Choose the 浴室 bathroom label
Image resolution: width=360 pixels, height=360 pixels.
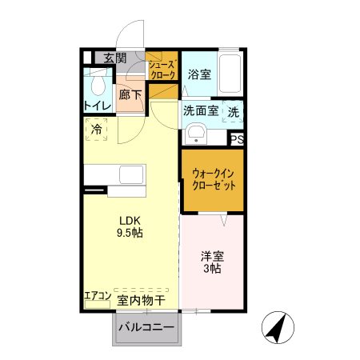(199, 74)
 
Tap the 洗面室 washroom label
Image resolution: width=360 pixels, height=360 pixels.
(200, 112)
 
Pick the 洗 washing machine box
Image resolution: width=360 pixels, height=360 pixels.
(233, 113)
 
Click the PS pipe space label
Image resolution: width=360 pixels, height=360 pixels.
(237, 139)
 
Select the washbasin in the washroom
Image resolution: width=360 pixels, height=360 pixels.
(196, 135)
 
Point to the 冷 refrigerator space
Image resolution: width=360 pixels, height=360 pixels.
(97, 129)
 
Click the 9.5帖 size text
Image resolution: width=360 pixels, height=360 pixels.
(130, 234)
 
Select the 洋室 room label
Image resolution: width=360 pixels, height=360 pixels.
(212, 257)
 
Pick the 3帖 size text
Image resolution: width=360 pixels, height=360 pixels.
(212, 270)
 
